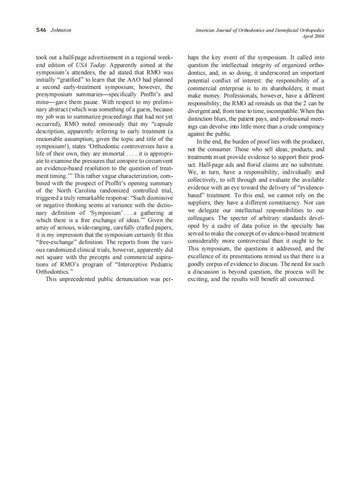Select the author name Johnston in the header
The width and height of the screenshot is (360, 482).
[61, 30]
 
